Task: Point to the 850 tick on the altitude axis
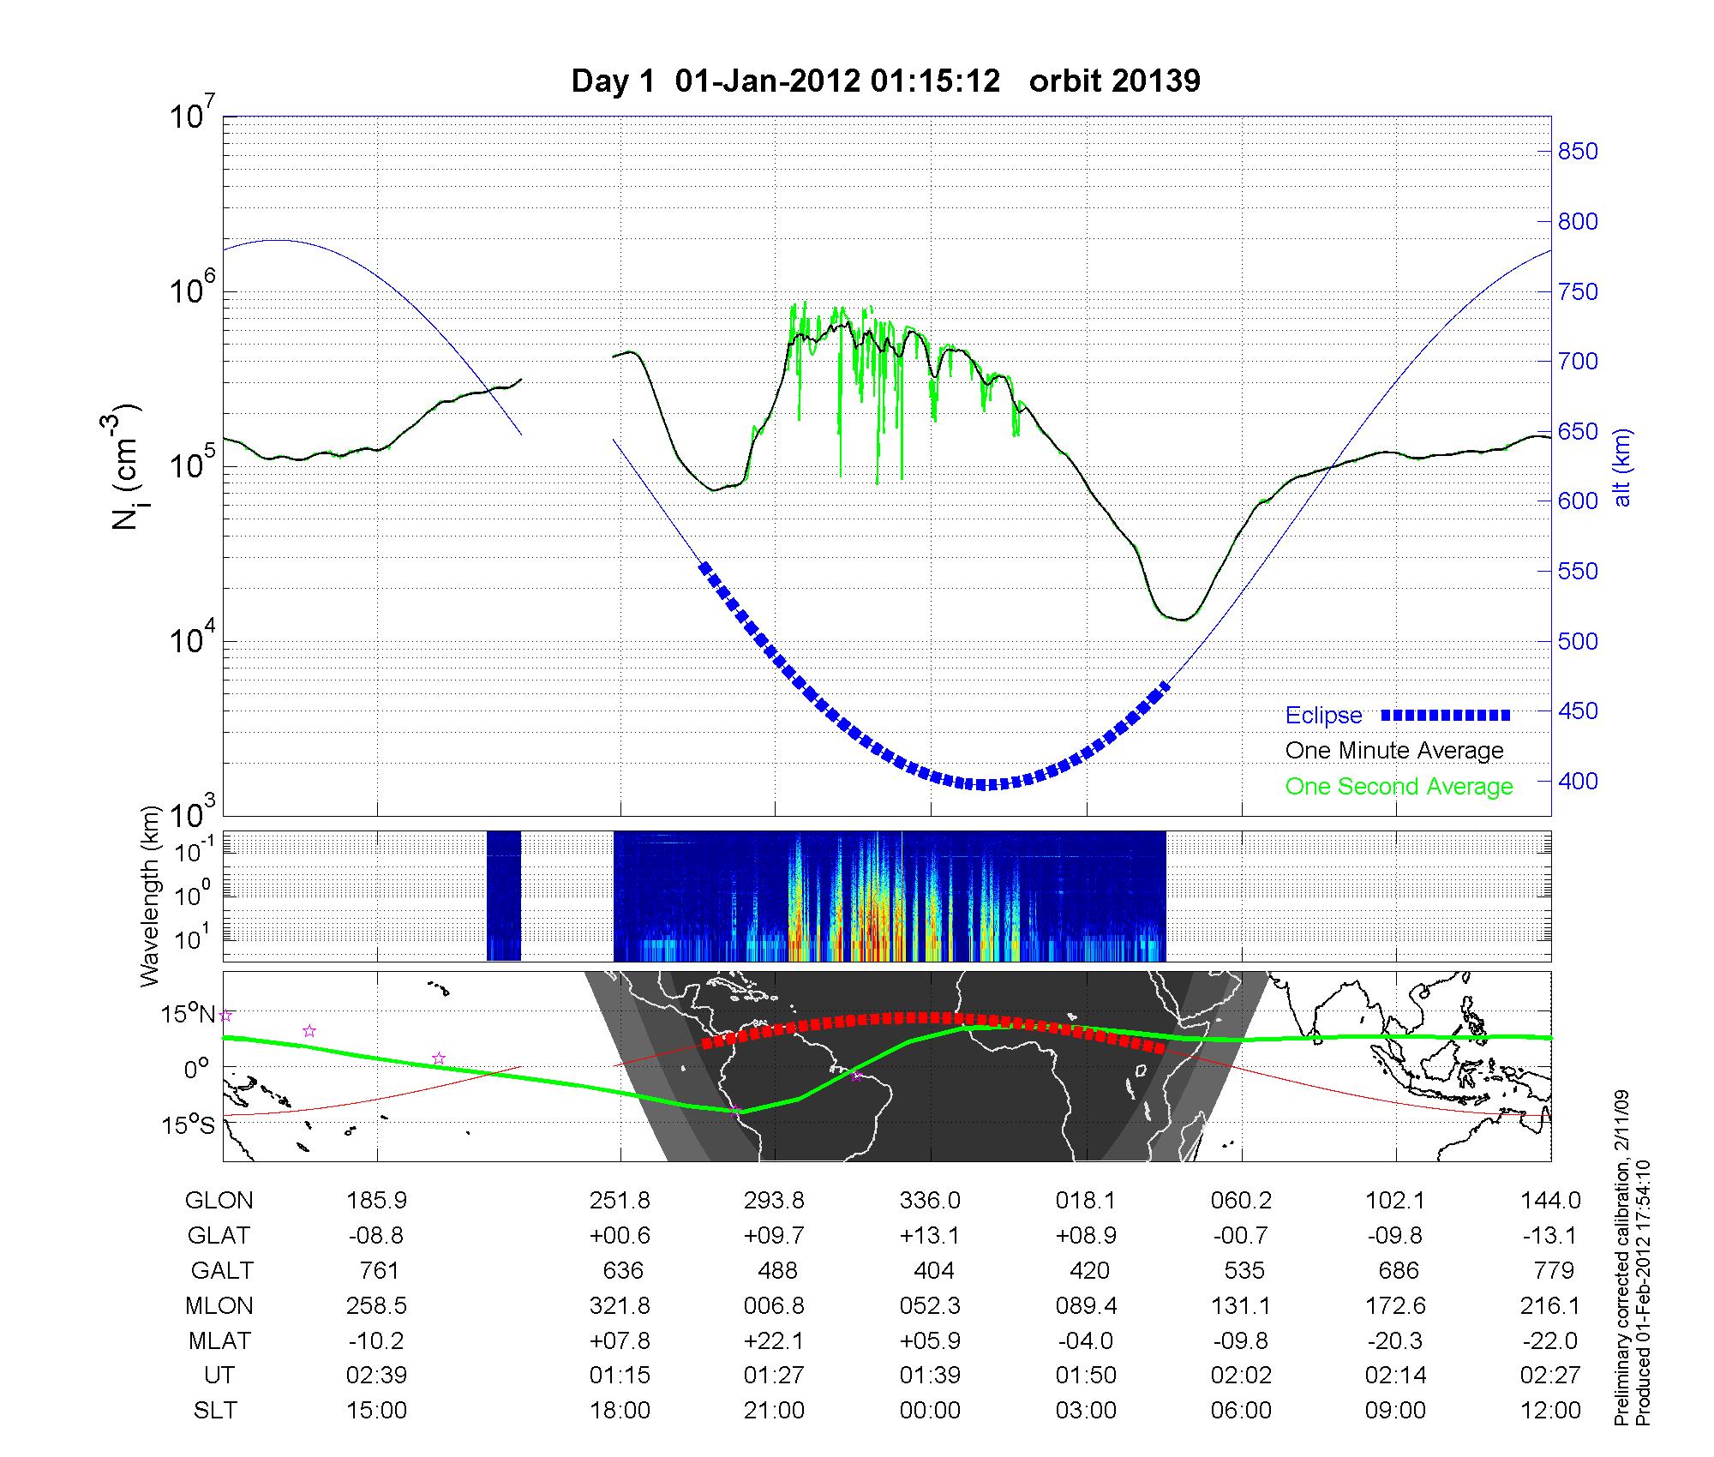coord(1577,152)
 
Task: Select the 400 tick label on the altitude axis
coord(1577,782)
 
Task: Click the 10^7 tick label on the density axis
coord(192,117)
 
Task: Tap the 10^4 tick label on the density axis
coord(192,641)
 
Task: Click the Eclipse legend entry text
coord(1323,716)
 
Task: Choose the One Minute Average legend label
coord(1394,751)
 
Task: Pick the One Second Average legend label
coord(1399,787)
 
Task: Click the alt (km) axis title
coord(1622,467)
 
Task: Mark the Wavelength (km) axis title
coord(151,896)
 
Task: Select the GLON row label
coord(219,1201)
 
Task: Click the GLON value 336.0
coord(930,1201)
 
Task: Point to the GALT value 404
coord(933,1270)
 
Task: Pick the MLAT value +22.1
coord(776,1340)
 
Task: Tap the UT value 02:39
coord(376,1376)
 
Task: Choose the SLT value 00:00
coord(930,1411)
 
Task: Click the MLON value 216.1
coord(1550,1305)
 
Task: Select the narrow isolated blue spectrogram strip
coord(503,896)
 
